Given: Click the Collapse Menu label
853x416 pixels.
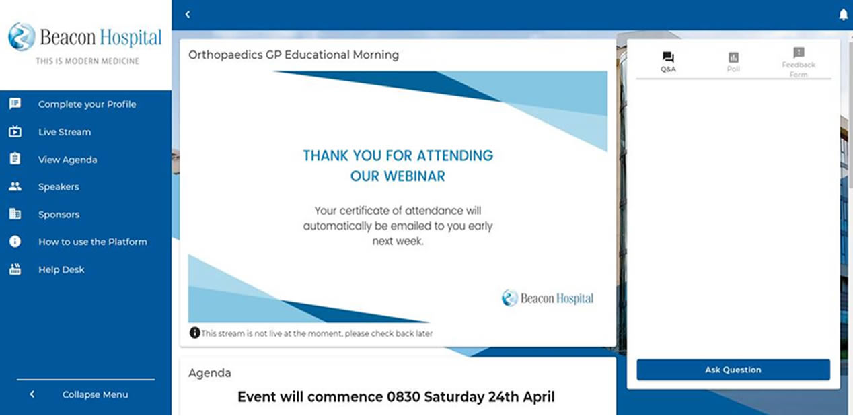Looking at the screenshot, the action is pyautogui.click(x=96, y=394).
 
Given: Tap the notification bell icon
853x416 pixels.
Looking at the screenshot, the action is pyautogui.click(x=843, y=15).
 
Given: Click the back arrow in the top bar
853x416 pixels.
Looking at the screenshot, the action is pyautogui.click(x=188, y=15).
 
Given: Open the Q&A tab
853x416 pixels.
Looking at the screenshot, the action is pyautogui.click(x=668, y=62).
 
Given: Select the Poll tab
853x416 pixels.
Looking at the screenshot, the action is pyautogui.click(x=733, y=62).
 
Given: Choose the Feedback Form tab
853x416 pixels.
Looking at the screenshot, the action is pyautogui.click(x=799, y=63).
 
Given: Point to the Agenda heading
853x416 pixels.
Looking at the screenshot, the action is pyautogui.click(x=210, y=372).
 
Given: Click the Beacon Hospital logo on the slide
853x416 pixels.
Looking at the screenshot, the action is pyautogui.click(x=548, y=298).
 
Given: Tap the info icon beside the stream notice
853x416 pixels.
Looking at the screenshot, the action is pyautogui.click(x=194, y=333).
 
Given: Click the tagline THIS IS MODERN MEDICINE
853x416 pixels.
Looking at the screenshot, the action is pyautogui.click(x=87, y=61).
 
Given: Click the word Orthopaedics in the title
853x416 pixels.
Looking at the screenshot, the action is pyautogui.click(x=225, y=55).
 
